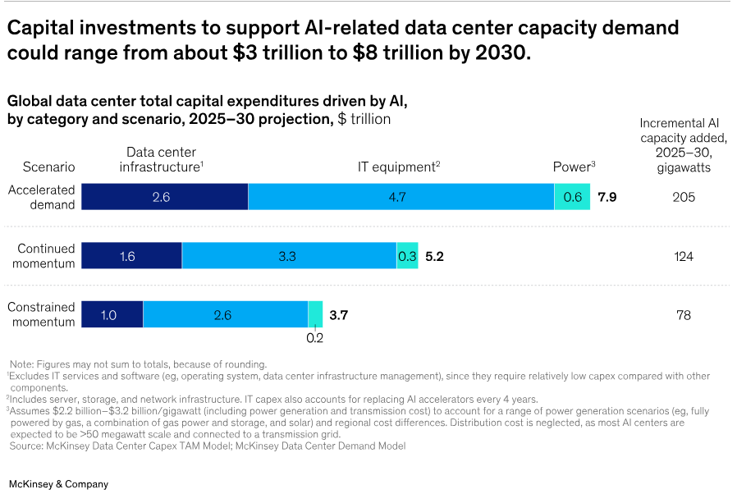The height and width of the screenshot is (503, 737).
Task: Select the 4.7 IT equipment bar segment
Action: tap(401, 197)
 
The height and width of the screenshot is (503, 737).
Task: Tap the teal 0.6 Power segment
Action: tap(573, 197)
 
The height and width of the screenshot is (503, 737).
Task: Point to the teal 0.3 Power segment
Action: tap(407, 256)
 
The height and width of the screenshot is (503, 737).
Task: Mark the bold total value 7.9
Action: tap(607, 198)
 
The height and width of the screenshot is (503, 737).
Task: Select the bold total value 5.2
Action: tap(435, 257)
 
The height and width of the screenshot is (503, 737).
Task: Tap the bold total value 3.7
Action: tap(339, 315)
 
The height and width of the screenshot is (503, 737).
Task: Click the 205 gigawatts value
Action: tap(683, 198)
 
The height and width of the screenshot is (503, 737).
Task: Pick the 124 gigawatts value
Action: tap(683, 257)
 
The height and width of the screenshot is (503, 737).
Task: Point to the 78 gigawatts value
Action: tap(683, 315)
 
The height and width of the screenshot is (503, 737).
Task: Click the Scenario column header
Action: tap(48, 167)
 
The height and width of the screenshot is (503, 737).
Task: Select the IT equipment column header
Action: tap(399, 167)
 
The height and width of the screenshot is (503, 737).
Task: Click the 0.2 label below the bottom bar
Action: tap(315, 338)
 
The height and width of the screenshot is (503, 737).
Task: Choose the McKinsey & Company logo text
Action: tap(58, 484)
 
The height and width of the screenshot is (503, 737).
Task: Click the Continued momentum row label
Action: tap(46, 256)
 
